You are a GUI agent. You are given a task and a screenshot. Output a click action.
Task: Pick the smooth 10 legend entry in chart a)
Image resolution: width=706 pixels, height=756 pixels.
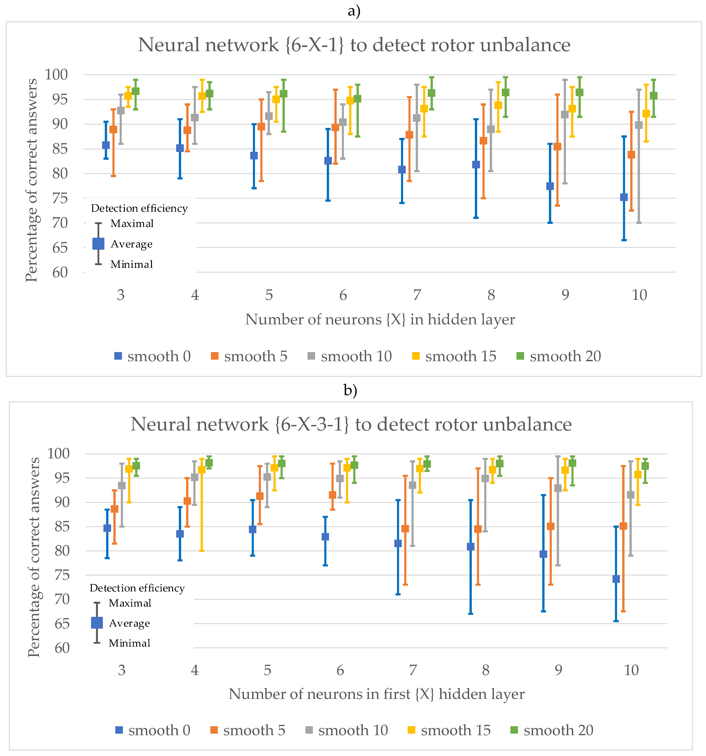coord(350,356)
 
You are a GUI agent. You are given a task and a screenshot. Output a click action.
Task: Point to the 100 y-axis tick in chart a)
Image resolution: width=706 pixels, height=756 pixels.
coord(56,74)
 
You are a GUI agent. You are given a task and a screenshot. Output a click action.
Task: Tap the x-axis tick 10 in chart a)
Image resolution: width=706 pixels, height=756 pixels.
coord(639,295)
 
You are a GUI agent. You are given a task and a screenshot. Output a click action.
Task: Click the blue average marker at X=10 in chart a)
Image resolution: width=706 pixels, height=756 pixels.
coord(624,197)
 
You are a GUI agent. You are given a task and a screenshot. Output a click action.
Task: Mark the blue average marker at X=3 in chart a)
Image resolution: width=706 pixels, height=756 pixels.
coord(106,145)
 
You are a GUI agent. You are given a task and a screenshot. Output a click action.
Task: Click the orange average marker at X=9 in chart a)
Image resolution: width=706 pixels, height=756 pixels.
coord(557,147)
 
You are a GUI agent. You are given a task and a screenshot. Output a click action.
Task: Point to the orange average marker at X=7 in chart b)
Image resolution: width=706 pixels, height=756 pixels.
coord(405,529)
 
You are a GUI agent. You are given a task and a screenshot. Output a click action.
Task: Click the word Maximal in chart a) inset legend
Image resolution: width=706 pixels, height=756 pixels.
coord(132,224)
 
